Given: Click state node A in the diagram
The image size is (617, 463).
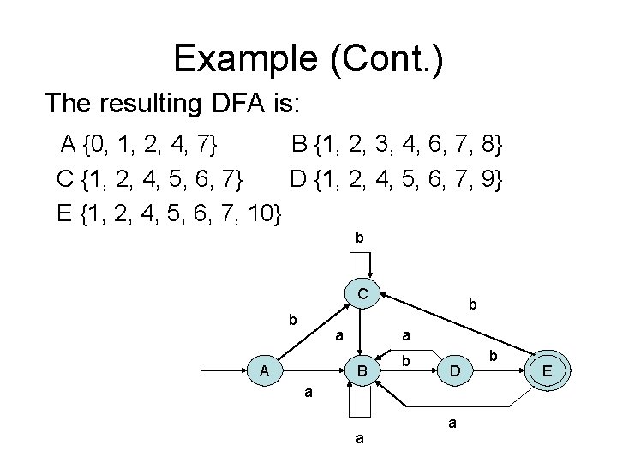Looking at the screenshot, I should pos(266,370).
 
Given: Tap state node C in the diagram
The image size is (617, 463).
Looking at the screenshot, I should pos(363,294).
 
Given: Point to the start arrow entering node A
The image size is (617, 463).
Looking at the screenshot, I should pos(223,370).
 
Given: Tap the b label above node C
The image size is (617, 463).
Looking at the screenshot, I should pos(360,238).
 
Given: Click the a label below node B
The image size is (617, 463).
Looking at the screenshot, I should pos(360,438).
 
